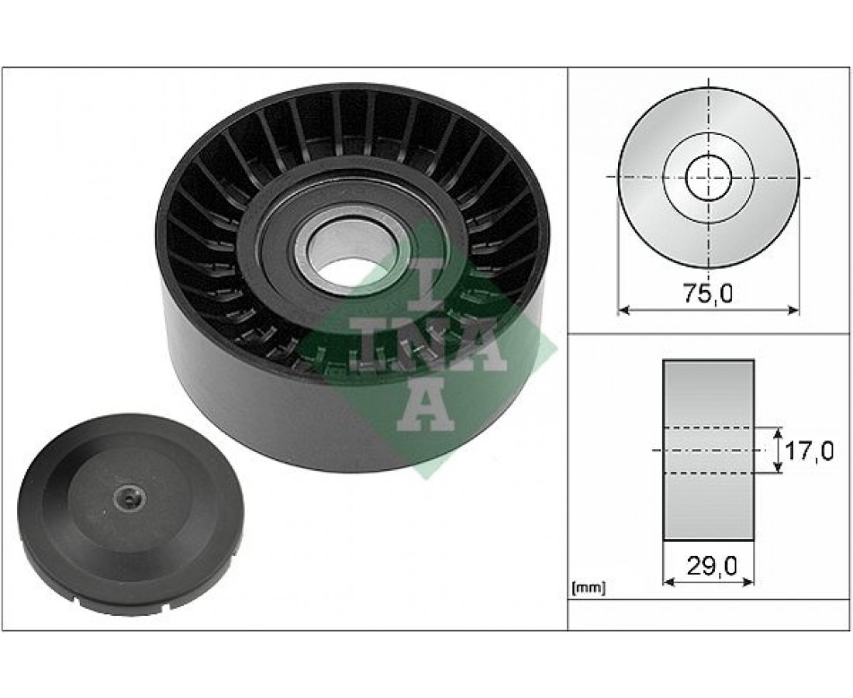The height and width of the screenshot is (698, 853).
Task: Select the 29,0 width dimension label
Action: click(x=712, y=566)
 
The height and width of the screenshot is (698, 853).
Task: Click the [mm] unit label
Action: click(x=589, y=588)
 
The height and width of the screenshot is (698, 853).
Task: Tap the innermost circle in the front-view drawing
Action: click(x=708, y=177)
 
